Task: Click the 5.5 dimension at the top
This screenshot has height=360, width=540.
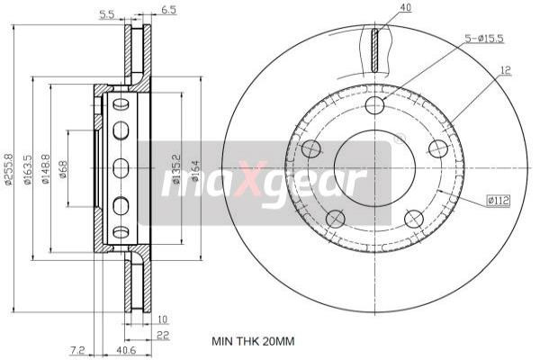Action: tap(105, 13)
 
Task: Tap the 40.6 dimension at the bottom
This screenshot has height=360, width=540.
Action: tap(126, 350)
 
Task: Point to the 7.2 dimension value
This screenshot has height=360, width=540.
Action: tap(77, 350)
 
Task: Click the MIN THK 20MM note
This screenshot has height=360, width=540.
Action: tap(253, 342)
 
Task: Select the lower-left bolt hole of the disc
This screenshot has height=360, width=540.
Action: tap(336, 218)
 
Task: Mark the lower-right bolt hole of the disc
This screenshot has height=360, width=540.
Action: tap(413, 218)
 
